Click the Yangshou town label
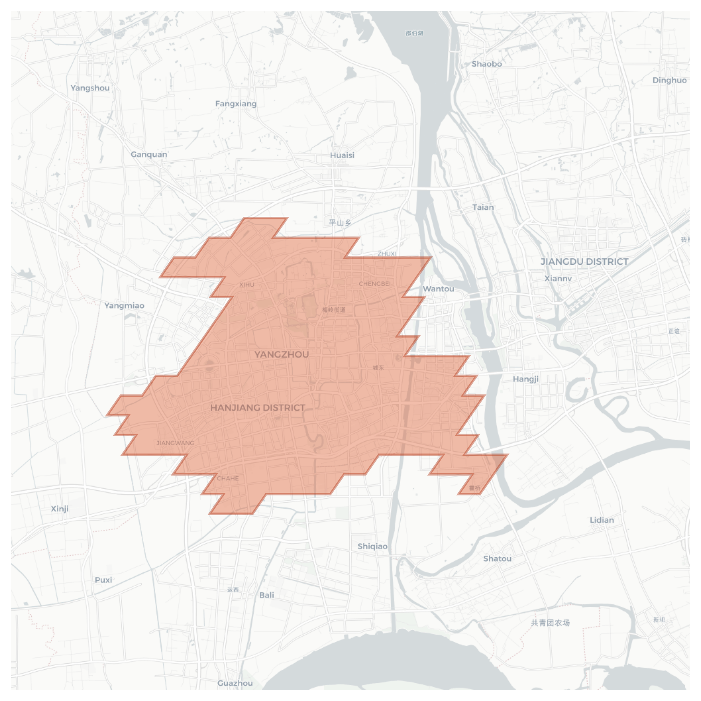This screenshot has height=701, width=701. (90, 88)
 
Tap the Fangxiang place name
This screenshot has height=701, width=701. (236, 104)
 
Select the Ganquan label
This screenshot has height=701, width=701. (149, 154)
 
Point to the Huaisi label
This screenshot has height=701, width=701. (342, 155)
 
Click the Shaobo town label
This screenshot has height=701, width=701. (487, 64)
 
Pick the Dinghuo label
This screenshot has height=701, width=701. (669, 80)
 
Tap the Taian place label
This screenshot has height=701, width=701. (483, 207)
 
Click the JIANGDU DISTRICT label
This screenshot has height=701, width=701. (584, 262)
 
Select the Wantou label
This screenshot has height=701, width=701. (438, 289)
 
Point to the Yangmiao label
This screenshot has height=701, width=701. (124, 305)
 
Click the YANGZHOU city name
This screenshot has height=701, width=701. (282, 354)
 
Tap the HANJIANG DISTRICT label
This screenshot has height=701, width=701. (258, 408)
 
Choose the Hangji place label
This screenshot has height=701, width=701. (526, 379)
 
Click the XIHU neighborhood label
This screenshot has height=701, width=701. (247, 285)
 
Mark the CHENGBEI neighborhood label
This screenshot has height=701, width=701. (375, 284)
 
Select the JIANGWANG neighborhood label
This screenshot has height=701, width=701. (176, 443)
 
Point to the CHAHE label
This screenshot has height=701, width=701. (228, 479)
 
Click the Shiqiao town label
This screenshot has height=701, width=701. (372, 546)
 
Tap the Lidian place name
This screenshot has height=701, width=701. (602, 520)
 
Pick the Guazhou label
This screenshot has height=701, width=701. (235, 683)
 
